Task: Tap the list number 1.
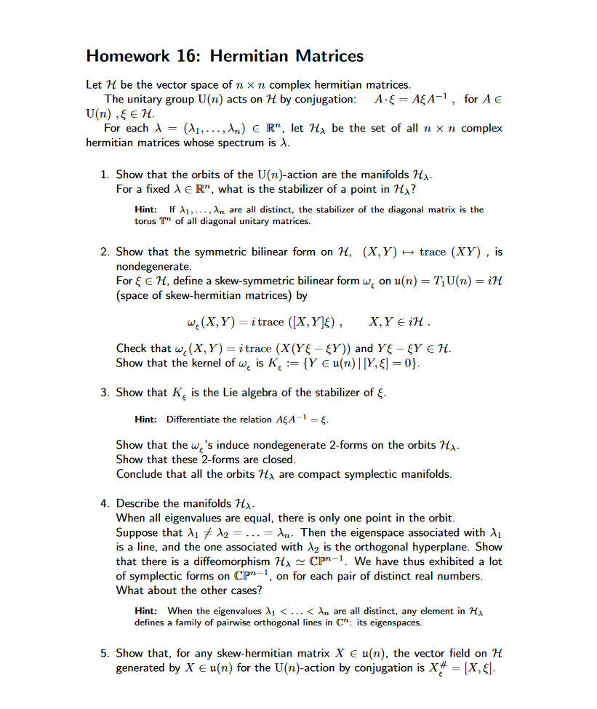pos(105,175)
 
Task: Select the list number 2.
pos(105,252)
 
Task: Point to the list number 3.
pos(105,393)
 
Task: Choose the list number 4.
pos(105,503)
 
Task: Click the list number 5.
pos(105,654)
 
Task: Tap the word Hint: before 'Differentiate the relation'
pos(147,420)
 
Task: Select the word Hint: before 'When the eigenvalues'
pos(147,612)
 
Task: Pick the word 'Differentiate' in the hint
pos(194,420)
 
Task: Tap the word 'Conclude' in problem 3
pos(140,474)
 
